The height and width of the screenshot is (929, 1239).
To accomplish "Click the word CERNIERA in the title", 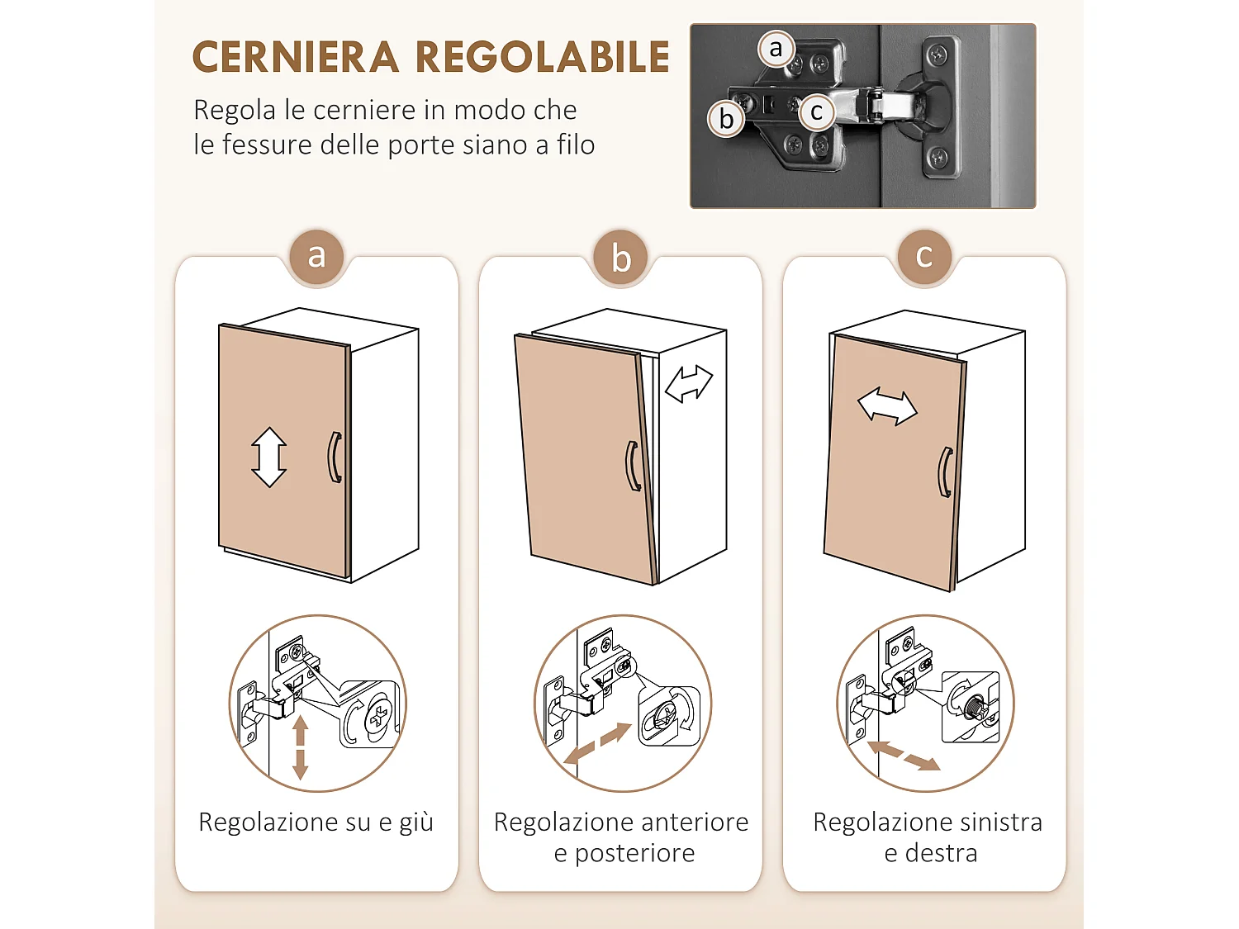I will (296, 58).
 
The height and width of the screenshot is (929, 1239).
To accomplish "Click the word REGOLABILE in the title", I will (542, 58).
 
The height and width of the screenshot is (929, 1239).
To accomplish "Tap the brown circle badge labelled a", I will (316, 257).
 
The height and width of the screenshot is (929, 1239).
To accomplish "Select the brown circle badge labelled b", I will (621, 258).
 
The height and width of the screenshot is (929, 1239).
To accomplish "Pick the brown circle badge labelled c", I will (924, 257).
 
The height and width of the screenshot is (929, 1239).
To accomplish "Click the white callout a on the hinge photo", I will (776, 49).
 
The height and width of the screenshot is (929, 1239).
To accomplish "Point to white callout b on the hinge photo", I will (726, 119).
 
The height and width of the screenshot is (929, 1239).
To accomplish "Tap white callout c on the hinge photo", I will (816, 112).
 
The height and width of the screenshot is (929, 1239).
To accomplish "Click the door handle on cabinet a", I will (335, 457).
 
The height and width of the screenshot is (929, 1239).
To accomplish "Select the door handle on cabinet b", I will (633, 467).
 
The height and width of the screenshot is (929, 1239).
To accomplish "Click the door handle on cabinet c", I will (945, 472).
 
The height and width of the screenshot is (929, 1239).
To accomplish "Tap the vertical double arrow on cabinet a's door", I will (269, 457).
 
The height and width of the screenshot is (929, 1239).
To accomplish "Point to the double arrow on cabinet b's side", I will (689, 384).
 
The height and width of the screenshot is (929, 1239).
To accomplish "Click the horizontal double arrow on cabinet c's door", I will (887, 407).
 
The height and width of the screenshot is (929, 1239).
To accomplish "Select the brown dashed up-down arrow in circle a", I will (300, 747).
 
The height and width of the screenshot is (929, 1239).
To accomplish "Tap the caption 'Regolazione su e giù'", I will (316, 822).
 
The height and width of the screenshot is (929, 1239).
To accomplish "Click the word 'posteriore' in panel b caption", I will (634, 853).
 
